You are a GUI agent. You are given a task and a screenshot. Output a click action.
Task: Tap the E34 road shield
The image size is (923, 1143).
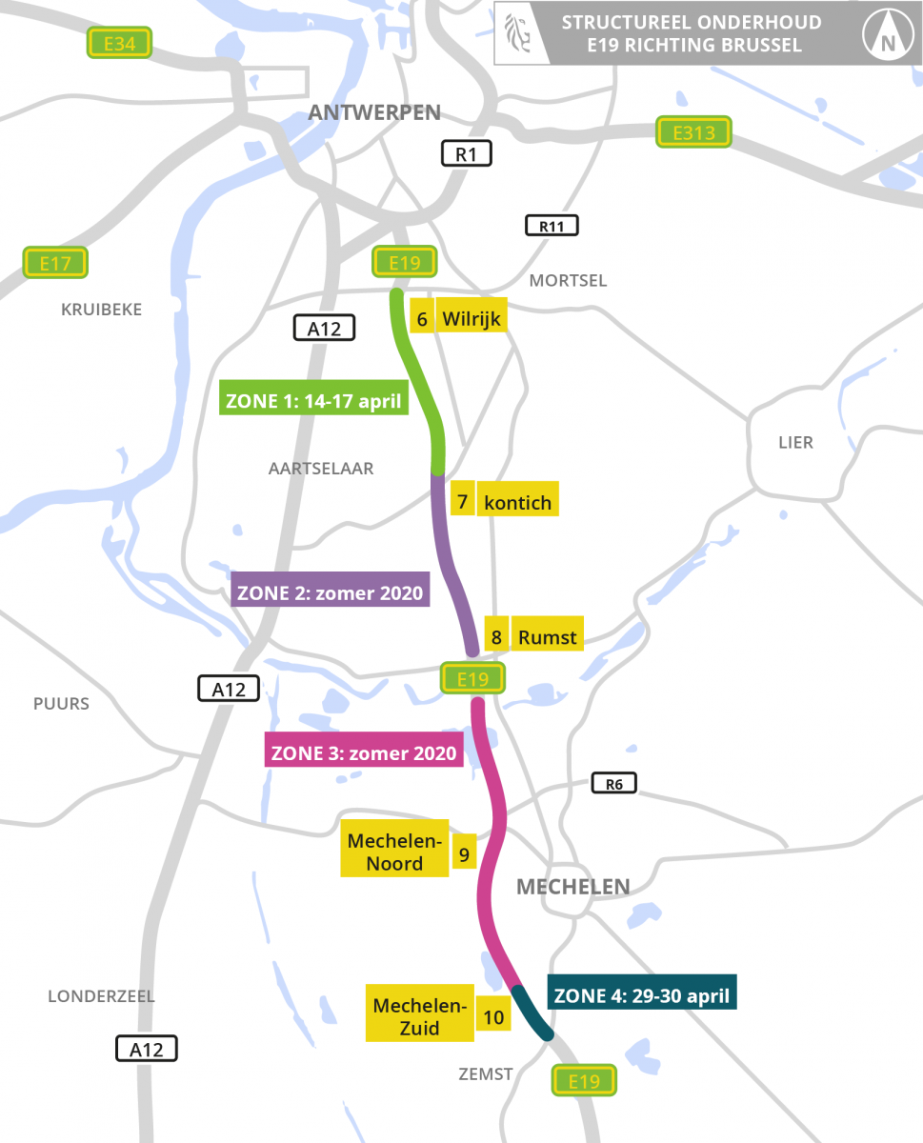point(119,42)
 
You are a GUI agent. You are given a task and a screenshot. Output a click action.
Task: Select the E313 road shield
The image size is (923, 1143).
point(693,132)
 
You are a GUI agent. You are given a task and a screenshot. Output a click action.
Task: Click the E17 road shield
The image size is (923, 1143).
point(55,263)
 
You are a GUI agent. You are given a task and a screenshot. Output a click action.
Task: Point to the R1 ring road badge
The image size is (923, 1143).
point(466,153)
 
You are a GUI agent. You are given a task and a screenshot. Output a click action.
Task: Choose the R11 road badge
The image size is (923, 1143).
point(552,226)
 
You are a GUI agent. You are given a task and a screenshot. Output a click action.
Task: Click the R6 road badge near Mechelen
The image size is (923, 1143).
point(613,783)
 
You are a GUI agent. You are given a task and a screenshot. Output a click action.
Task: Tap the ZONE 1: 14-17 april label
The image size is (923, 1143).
point(315,398)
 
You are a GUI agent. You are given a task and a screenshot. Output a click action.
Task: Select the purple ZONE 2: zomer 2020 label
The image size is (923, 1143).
point(330,591)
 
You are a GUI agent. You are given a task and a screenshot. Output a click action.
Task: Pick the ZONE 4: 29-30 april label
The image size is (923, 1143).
point(641,995)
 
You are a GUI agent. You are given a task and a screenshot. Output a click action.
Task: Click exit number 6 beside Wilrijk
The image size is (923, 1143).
point(422,318)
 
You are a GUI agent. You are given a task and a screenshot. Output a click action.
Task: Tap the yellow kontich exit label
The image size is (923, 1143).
point(517,501)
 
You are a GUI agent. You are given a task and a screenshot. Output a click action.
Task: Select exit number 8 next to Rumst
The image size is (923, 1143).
point(496,636)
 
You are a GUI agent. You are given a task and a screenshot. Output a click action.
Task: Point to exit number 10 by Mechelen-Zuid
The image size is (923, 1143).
point(493,1017)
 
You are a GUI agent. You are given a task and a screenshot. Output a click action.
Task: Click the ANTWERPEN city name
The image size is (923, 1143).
point(374,112)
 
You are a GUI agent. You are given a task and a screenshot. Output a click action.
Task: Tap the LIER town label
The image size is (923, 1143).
point(795,443)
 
